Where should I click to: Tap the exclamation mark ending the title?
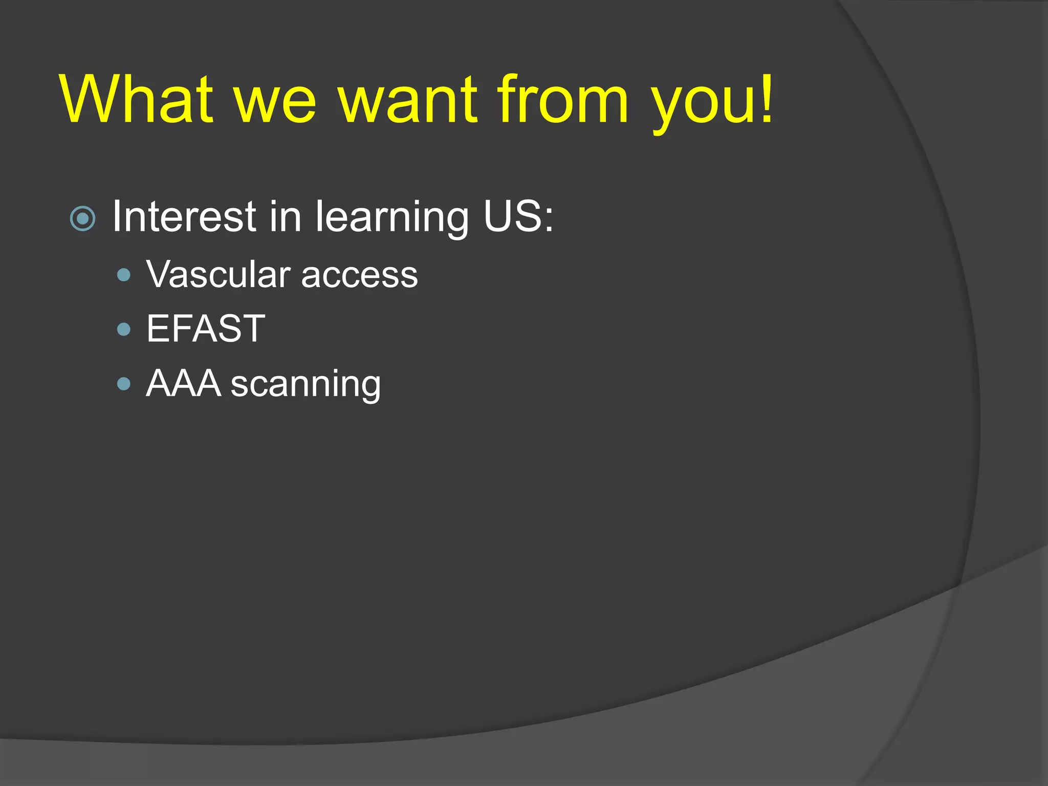(x=766, y=98)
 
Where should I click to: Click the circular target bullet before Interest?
(x=82, y=220)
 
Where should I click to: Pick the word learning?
(x=391, y=219)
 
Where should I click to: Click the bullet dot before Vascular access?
(x=124, y=275)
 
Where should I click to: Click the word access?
(x=359, y=276)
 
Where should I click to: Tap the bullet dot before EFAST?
(x=124, y=329)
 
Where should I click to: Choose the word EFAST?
(x=206, y=329)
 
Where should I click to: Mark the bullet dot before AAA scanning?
(x=124, y=384)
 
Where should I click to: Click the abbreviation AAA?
(x=183, y=383)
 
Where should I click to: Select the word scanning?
(x=305, y=385)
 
